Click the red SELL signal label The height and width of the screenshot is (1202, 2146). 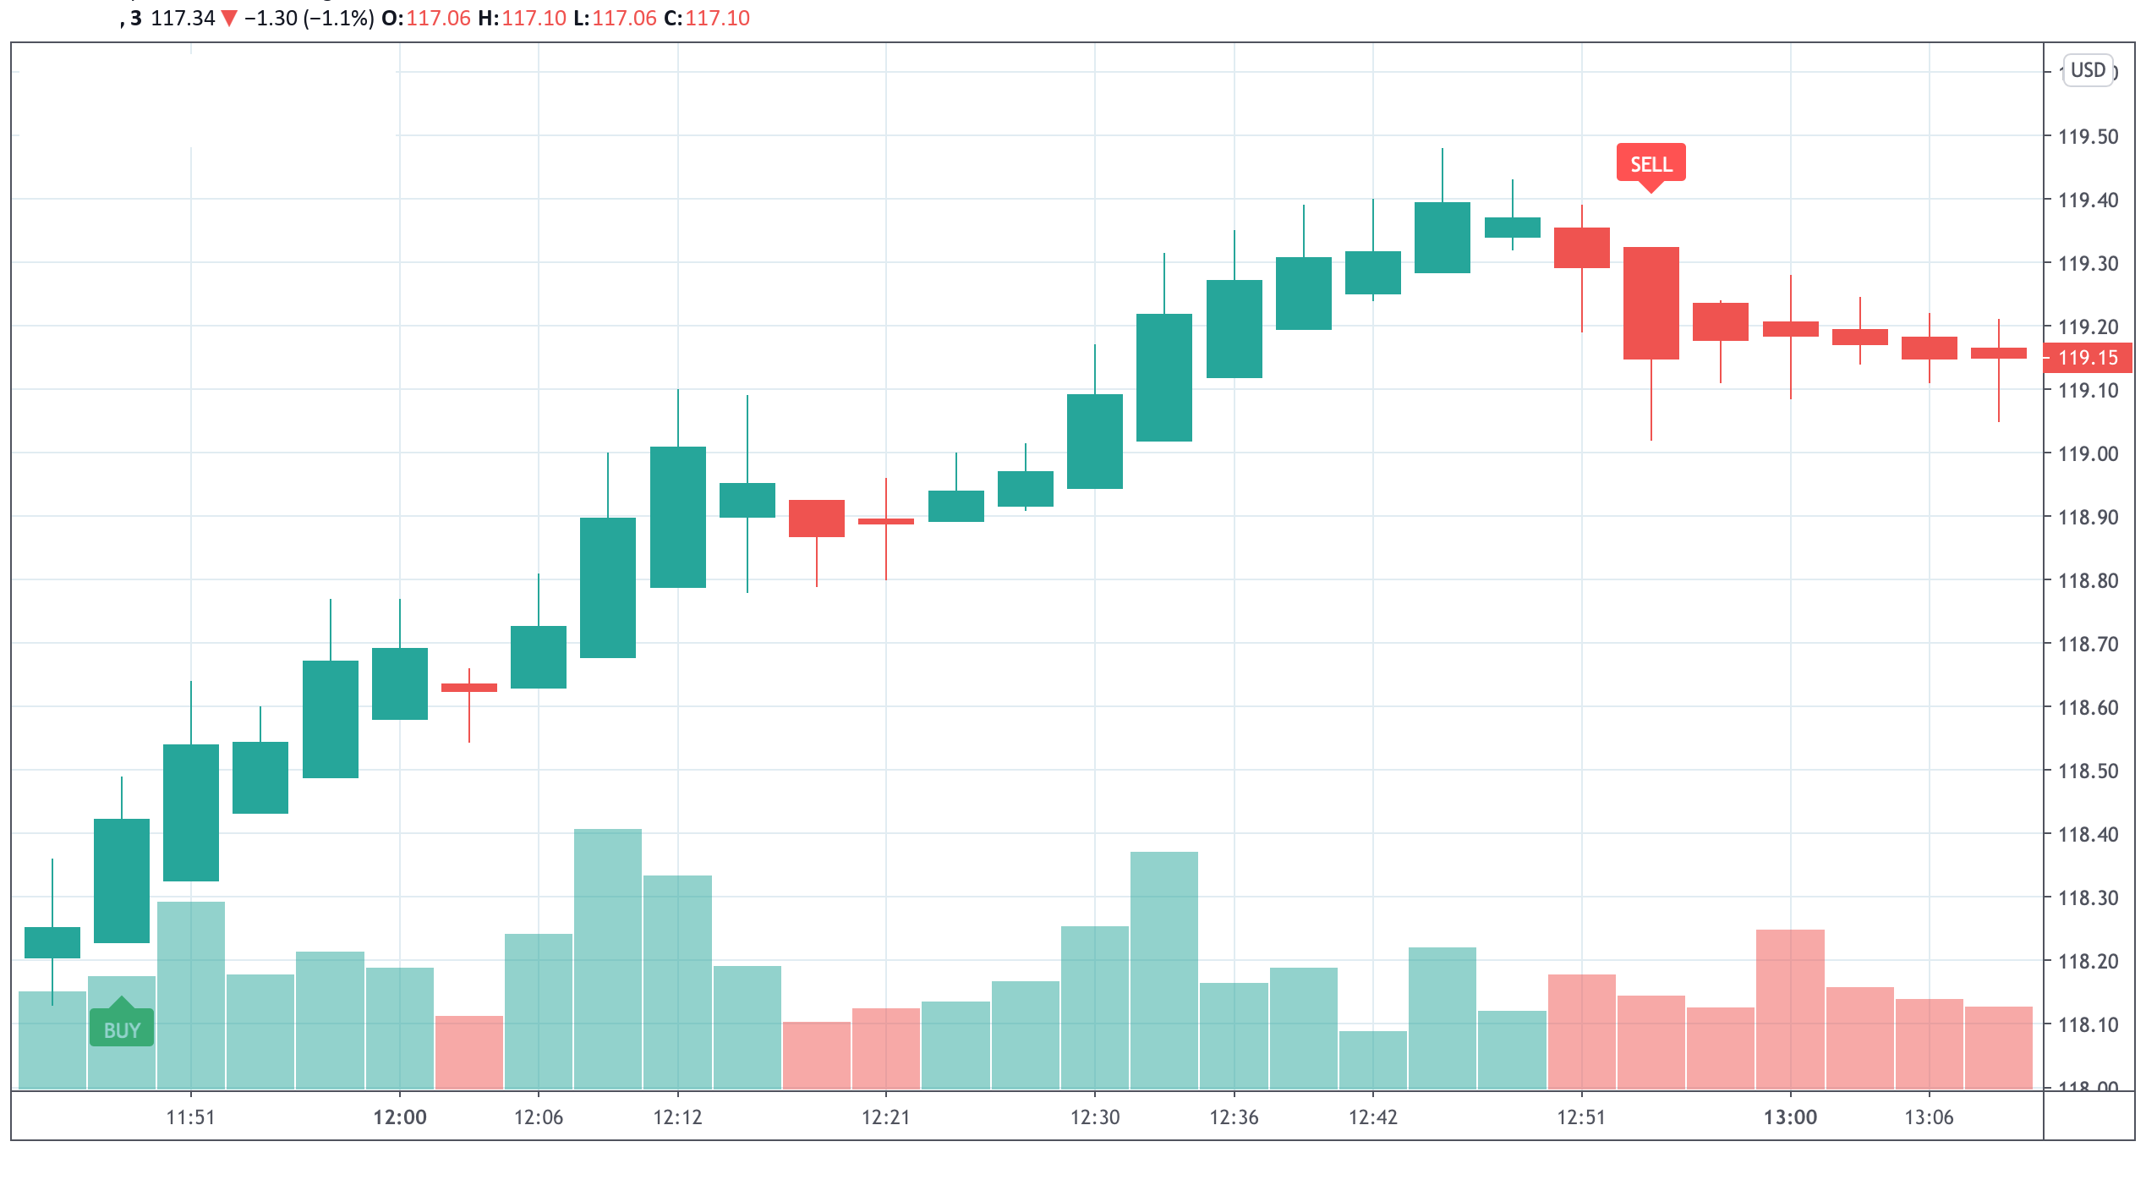[1651, 163]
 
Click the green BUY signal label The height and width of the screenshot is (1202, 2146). [122, 1029]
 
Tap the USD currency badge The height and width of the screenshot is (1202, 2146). [2088, 70]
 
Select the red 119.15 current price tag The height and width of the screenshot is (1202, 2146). [2087, 358]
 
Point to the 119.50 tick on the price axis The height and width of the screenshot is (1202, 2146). [2088, 137]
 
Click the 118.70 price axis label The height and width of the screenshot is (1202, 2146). [2088, 645]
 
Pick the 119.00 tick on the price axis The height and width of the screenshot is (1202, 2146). [2088, 454]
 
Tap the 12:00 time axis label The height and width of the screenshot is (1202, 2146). [400, 1117]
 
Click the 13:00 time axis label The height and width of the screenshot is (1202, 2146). [1790, 1117]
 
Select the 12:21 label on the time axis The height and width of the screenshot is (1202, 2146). [885, 1117]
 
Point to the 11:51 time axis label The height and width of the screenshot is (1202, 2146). [190, 1117]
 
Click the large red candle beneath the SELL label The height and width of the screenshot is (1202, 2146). [1651, 303]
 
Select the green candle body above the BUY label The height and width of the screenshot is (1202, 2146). [122, 880]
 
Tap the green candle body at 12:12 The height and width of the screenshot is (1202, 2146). [677, 516]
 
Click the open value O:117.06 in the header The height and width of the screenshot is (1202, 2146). [426, 18]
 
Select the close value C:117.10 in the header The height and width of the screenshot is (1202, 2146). [707, 18]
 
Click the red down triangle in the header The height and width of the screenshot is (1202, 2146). [229, 18]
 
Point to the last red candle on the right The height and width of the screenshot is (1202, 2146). [1998, 353]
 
